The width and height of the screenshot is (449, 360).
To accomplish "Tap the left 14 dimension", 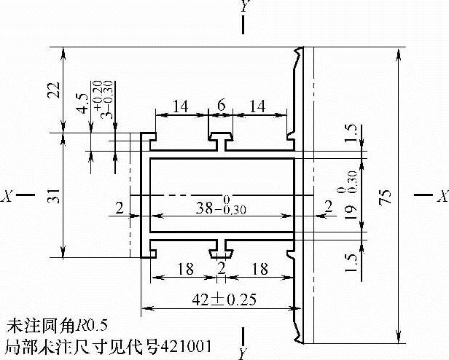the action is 181,106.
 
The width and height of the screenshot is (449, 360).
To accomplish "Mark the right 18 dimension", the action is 257,268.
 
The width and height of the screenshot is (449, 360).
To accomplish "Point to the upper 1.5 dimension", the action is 352,134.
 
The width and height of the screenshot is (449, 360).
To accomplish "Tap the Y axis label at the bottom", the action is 243,353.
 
